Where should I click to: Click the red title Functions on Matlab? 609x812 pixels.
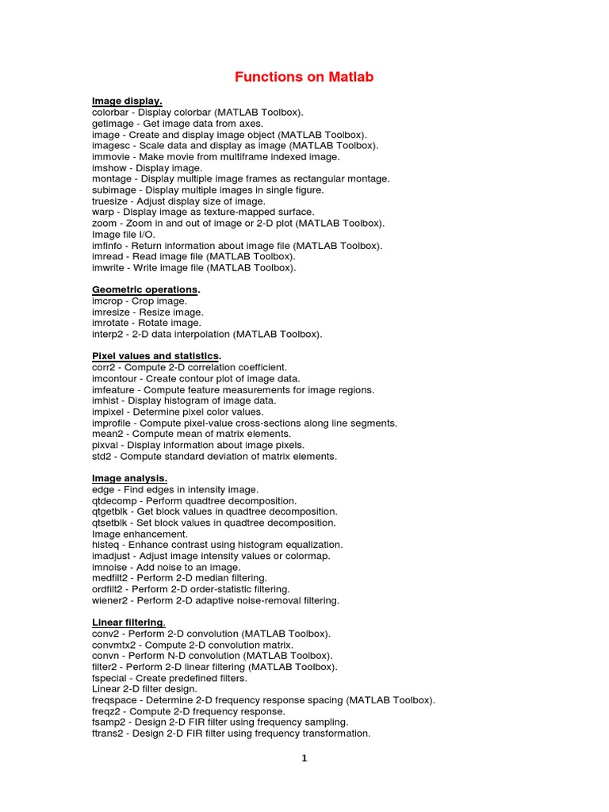pos(304,77)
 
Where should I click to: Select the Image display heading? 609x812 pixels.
pos(127,101)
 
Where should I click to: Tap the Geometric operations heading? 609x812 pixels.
pos(145,290)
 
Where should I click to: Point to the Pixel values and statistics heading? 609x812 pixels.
pos(155,356)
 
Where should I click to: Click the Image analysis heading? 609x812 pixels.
pos(129,478)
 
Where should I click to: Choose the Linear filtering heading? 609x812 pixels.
pos(128,622)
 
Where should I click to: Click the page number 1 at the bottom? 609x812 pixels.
pos(304,758)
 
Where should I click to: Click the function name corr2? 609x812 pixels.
pos(105,368)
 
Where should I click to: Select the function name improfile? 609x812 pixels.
pos(113,423)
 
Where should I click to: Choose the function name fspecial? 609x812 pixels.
pos(111,678)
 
